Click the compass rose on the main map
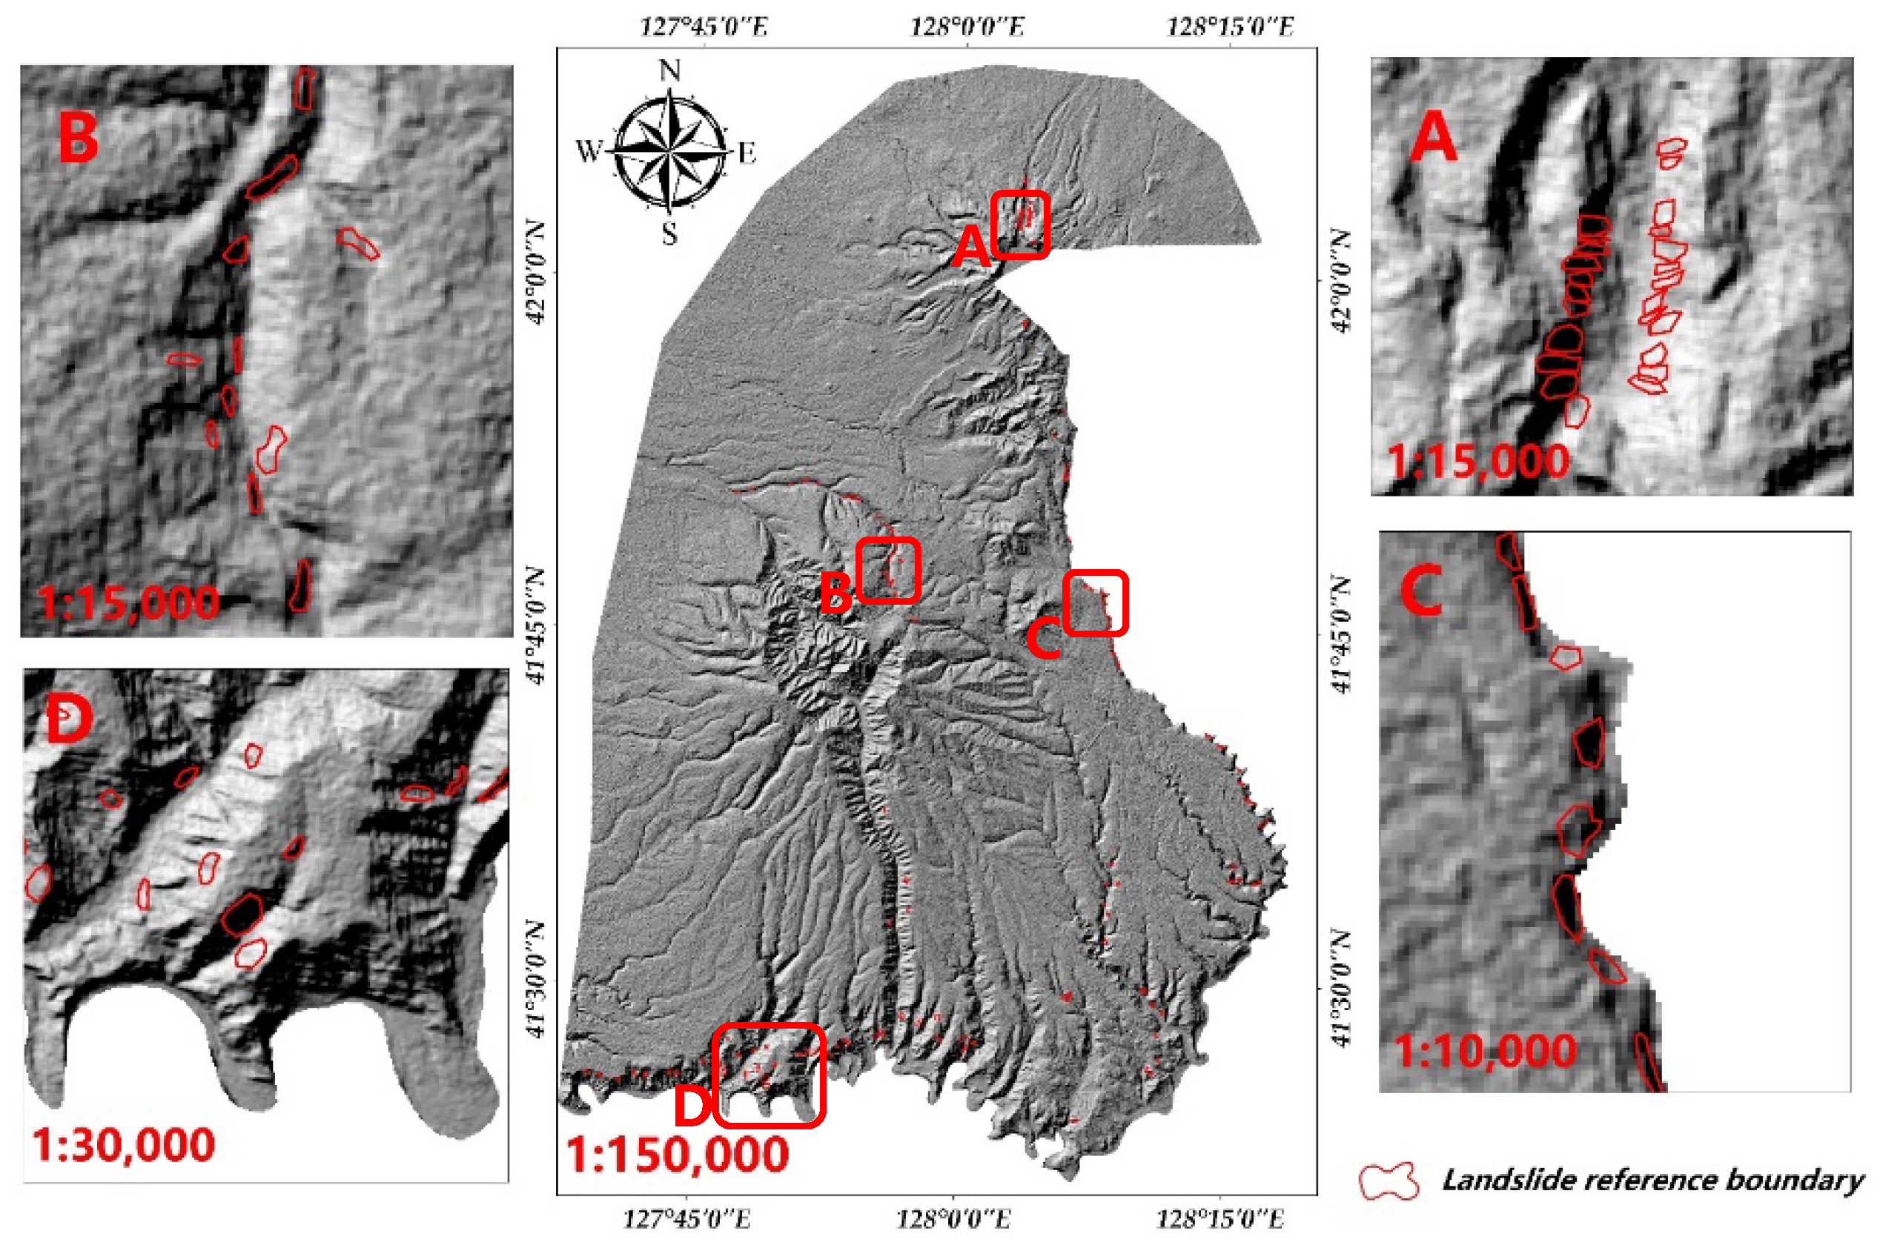pos(670,150)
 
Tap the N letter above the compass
pos(670,71)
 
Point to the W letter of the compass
pos(589,150)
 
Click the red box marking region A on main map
pos(1019,225)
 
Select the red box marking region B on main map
pos(888,570)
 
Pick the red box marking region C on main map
pos(1095,603)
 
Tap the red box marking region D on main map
pos(768,1075)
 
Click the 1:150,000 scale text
pos(678,1155)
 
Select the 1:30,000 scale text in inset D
pos(123,1145)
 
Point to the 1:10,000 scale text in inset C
pos(1485,1051)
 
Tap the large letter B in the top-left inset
pos(78,139)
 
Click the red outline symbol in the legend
pos(1389,1181)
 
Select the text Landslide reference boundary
pos(1652,1181)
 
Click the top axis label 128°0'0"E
pos(967,28)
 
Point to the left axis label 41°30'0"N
pos(536,980)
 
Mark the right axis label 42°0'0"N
pos(1340,281)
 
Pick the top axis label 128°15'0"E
pos(1230,28)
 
